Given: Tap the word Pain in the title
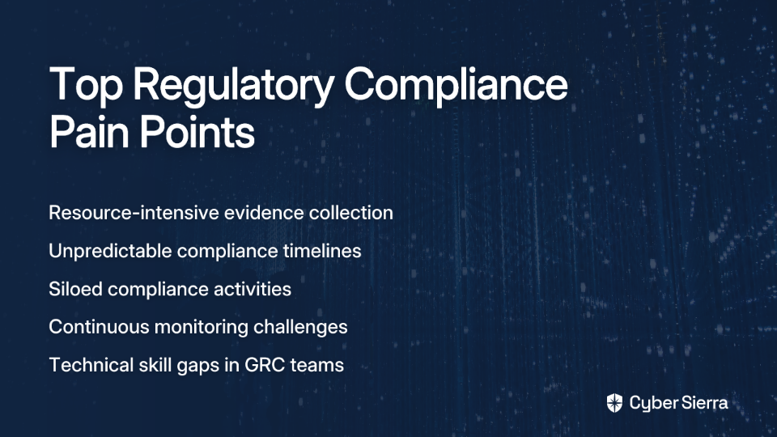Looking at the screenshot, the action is pos(89,132).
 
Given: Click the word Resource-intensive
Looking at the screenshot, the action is pos(134,213).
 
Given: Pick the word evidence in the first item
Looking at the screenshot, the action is pos(264,213).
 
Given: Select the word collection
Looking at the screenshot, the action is pos(350,213).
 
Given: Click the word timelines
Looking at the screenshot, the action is pos(322,251).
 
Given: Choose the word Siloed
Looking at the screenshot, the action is pos(76,289).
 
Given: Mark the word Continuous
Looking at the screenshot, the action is pos(99,327).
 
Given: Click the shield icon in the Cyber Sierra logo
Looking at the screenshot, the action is pos(614,403).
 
